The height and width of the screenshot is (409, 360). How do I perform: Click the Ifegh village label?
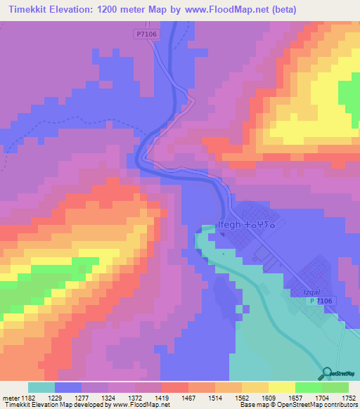coord(230,225)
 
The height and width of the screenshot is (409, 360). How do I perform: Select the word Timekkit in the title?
coord(32,10)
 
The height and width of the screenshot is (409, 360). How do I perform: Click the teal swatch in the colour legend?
coord(41,387)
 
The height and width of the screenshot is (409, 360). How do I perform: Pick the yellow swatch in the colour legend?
coord(281,387)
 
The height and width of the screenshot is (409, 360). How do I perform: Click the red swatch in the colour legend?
coord(174,387)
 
